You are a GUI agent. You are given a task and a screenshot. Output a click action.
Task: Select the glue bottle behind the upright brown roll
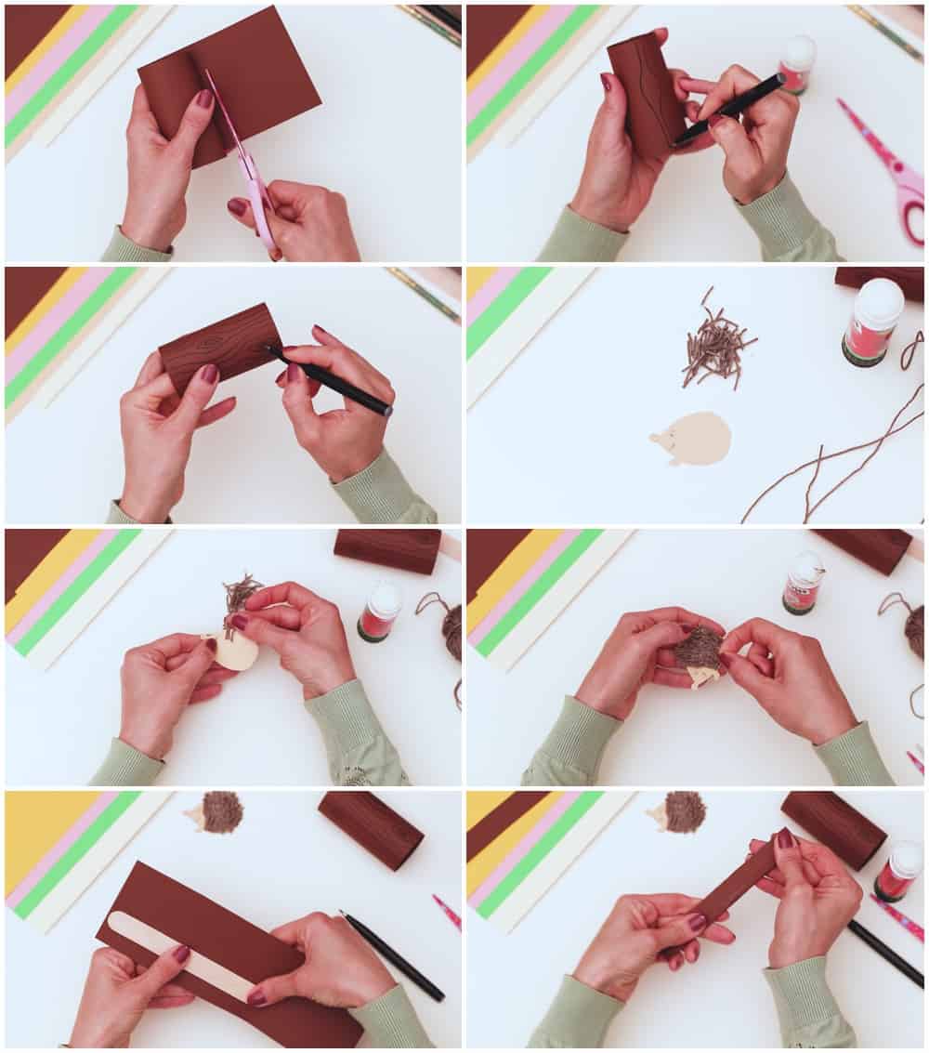[796, 65]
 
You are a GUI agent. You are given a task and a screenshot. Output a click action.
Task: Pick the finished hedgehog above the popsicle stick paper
[217, 812]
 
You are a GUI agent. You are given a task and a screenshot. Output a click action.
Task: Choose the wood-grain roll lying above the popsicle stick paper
[371, 830]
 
